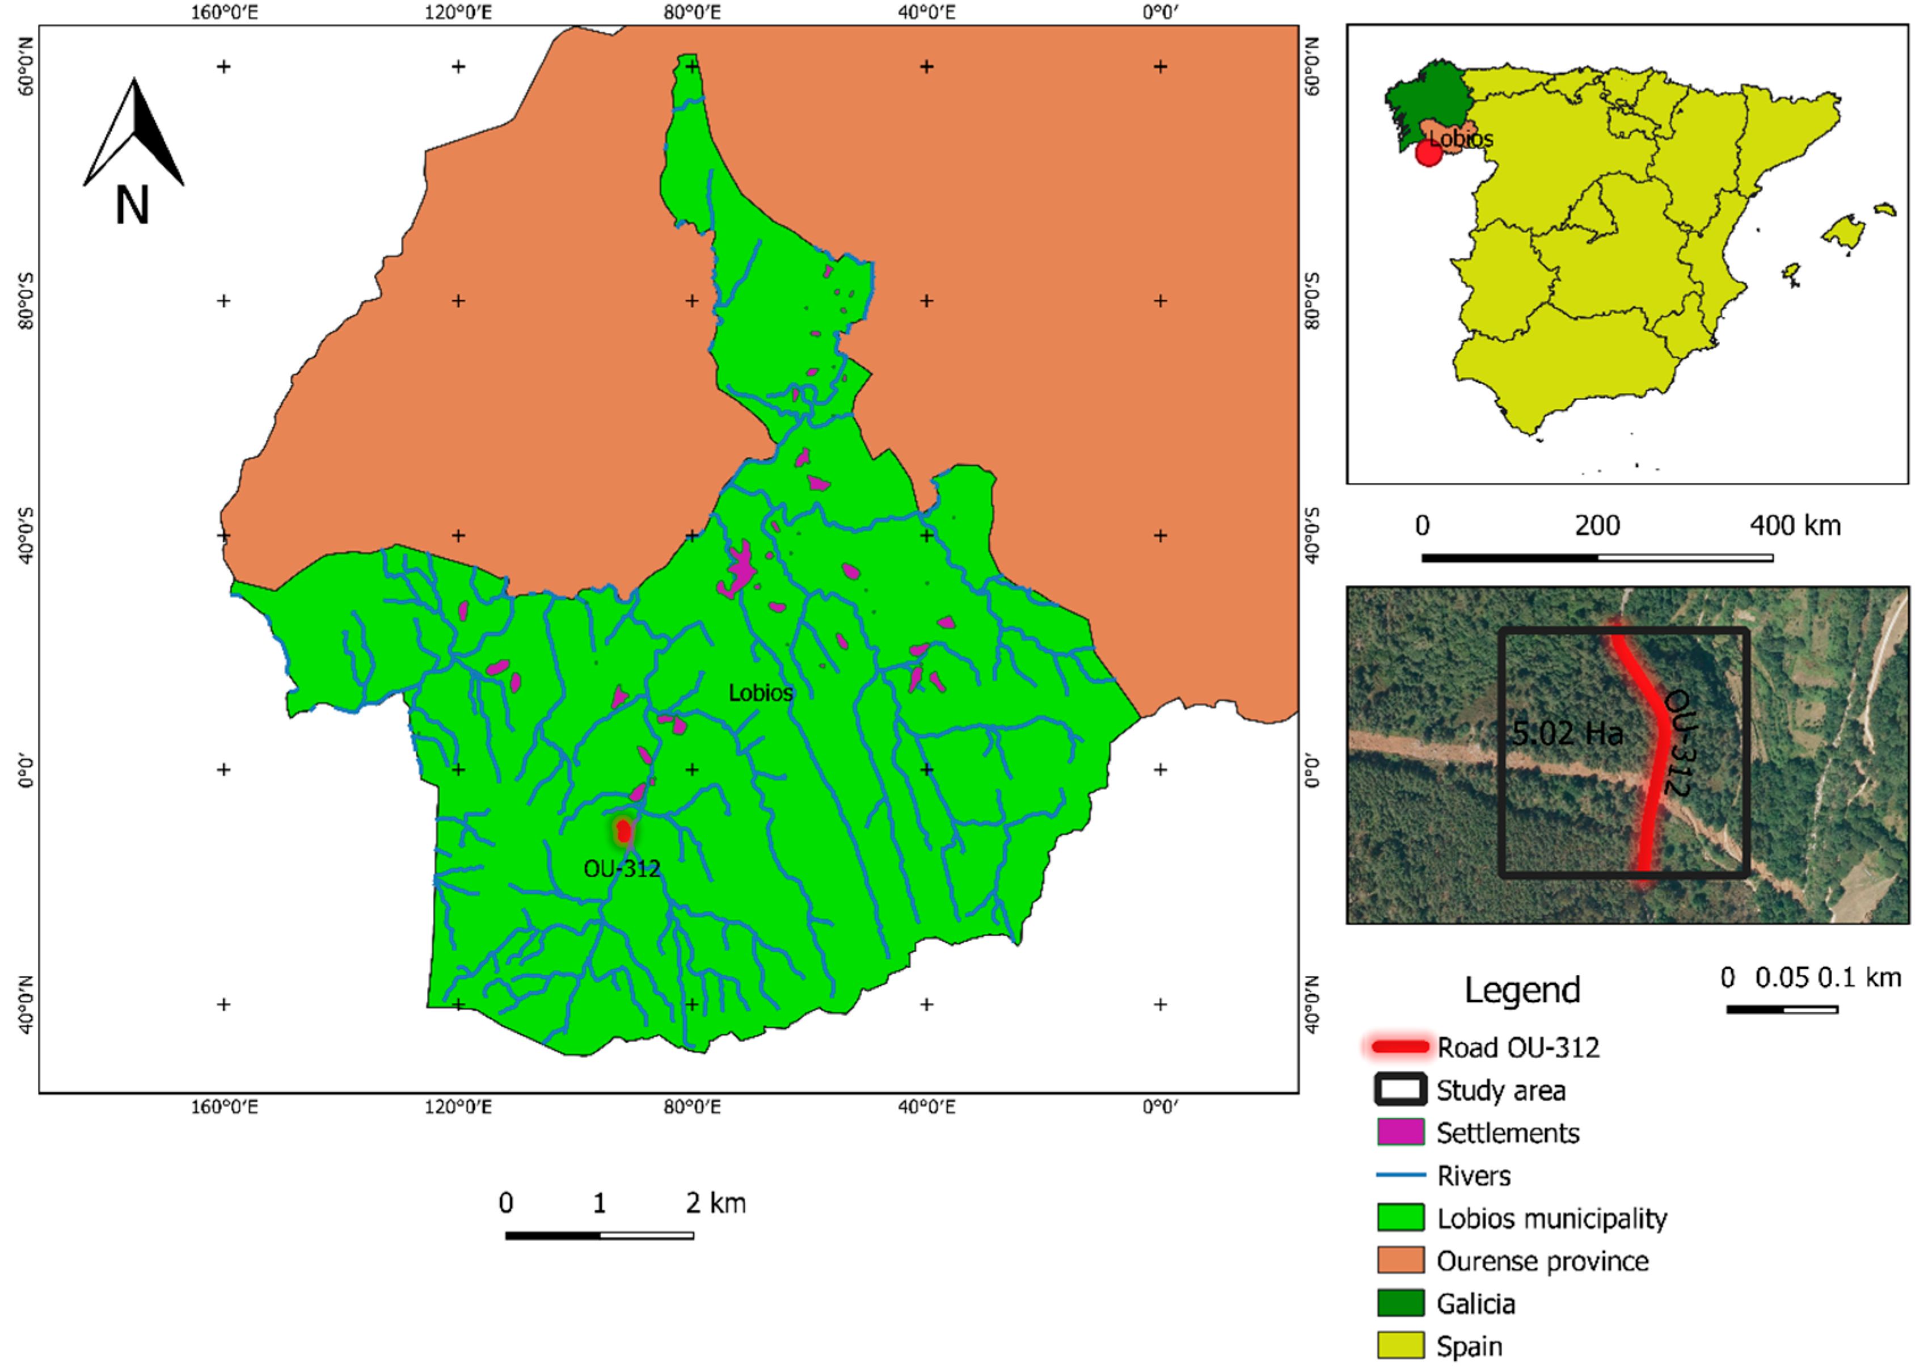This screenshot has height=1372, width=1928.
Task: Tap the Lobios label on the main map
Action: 760,693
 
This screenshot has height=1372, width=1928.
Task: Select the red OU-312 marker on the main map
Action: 623,831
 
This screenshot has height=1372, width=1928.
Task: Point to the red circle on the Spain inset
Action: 1428,153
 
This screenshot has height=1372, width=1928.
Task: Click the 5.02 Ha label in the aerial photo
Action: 1567,733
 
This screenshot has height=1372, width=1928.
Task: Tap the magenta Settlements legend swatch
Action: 1400,1132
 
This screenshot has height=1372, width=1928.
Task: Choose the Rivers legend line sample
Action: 1400,1175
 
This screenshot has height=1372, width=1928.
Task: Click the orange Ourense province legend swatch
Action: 1400,1260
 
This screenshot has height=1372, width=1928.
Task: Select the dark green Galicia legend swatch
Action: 1400,1303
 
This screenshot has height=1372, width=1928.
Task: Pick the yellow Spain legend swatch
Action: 1400,1345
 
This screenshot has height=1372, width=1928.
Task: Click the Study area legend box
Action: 1400,1089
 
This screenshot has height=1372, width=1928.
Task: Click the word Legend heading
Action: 1522,990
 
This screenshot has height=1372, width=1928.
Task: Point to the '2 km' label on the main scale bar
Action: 715,1203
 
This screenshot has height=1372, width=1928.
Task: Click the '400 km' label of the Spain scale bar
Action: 1795,525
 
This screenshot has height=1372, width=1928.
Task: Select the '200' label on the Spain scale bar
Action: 1597,525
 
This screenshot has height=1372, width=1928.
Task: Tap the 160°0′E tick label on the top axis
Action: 224,12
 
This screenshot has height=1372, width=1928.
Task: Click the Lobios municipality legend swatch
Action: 1400,1218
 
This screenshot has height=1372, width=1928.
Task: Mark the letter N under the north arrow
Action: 133,205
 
